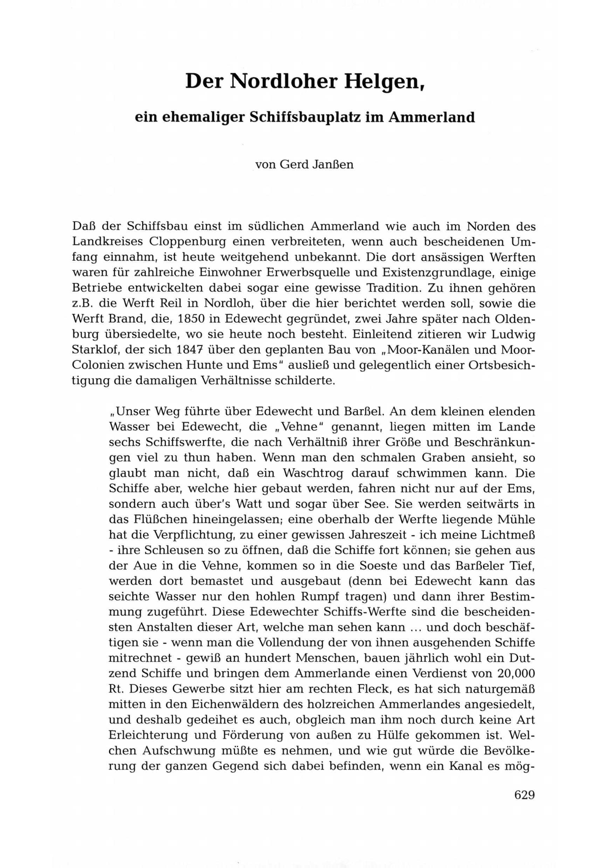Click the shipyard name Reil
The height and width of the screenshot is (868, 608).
click(x=182, y=303)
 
